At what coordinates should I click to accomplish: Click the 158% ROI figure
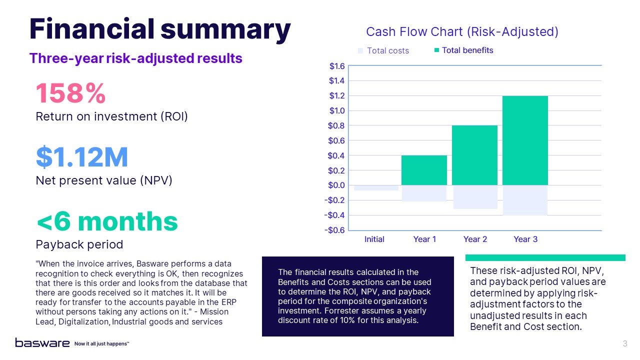click(70, 93)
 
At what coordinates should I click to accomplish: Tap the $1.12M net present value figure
click(82, 157)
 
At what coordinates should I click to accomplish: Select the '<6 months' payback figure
click(107, 221)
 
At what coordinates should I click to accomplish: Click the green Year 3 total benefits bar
click(525, 140)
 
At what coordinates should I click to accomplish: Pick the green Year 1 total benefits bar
click(424, 170)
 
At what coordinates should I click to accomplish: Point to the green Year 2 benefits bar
click(474, 155)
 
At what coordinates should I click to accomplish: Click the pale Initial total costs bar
click(376, 188)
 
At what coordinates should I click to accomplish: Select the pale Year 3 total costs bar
click(525, 200)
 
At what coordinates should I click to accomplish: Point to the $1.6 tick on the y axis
click(336, 66)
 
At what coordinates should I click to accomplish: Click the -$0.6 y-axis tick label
click(335, 230)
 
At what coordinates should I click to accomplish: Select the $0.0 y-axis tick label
click(336, 185)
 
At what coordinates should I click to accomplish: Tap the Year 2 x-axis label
click(475, 239)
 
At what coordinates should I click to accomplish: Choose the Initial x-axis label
click(374, 239)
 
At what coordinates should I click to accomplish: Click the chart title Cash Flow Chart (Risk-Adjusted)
click(462, 32)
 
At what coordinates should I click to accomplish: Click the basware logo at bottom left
click(42, 343)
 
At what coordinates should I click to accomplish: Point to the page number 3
click(625, 343)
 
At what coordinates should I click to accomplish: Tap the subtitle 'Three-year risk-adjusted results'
click(136, 58)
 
